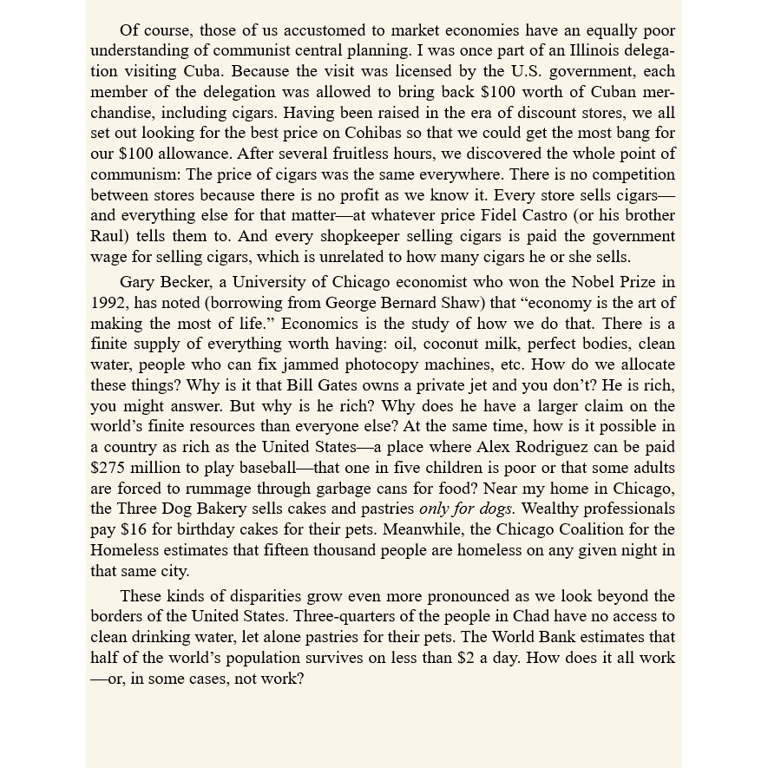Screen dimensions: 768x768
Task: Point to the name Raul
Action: coord(108,236)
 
